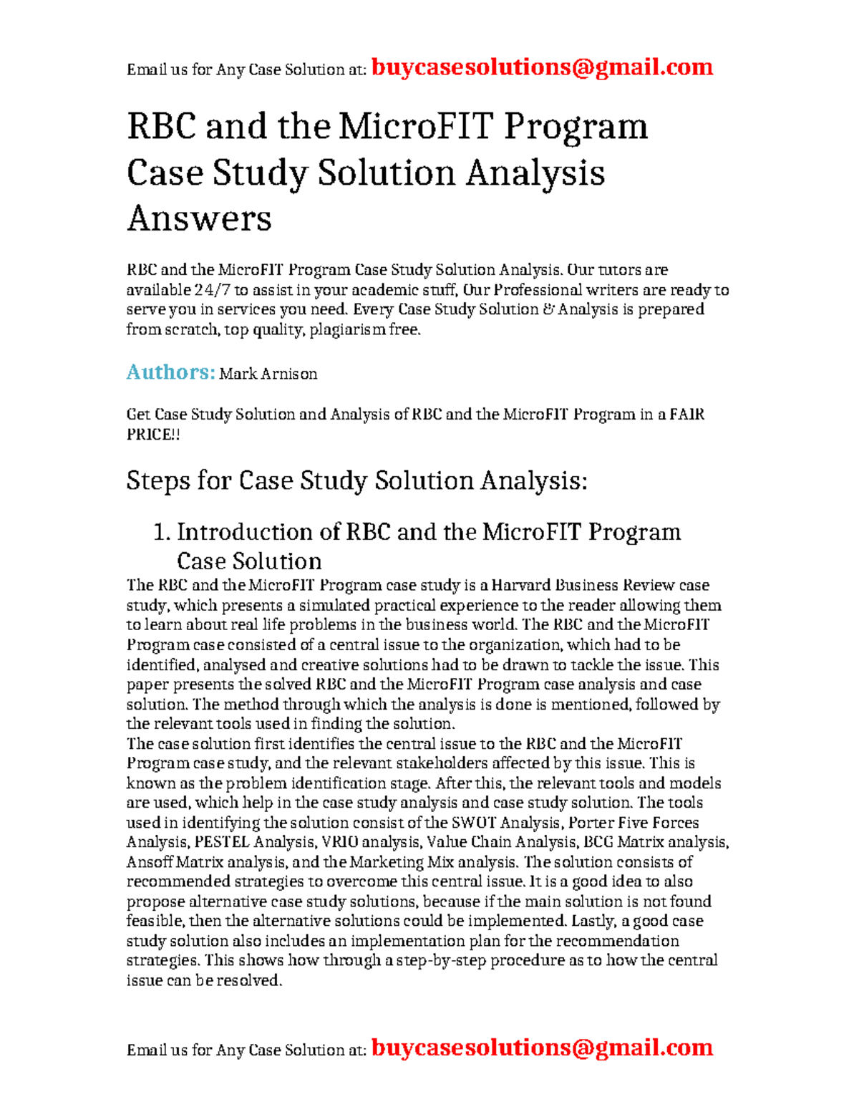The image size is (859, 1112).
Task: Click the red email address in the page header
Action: click(x=542, y=67)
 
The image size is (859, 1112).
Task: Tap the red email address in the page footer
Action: click(x=542, y=1048)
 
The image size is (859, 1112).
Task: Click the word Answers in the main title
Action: click(x=199, y=218)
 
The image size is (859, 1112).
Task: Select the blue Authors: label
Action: click(x=170, y=372)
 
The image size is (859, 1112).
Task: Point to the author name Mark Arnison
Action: click(x=268, y=374)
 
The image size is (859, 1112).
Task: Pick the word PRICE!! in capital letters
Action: click(x=153, y=435)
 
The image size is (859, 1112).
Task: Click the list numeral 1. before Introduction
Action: click(x=162, y=532)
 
